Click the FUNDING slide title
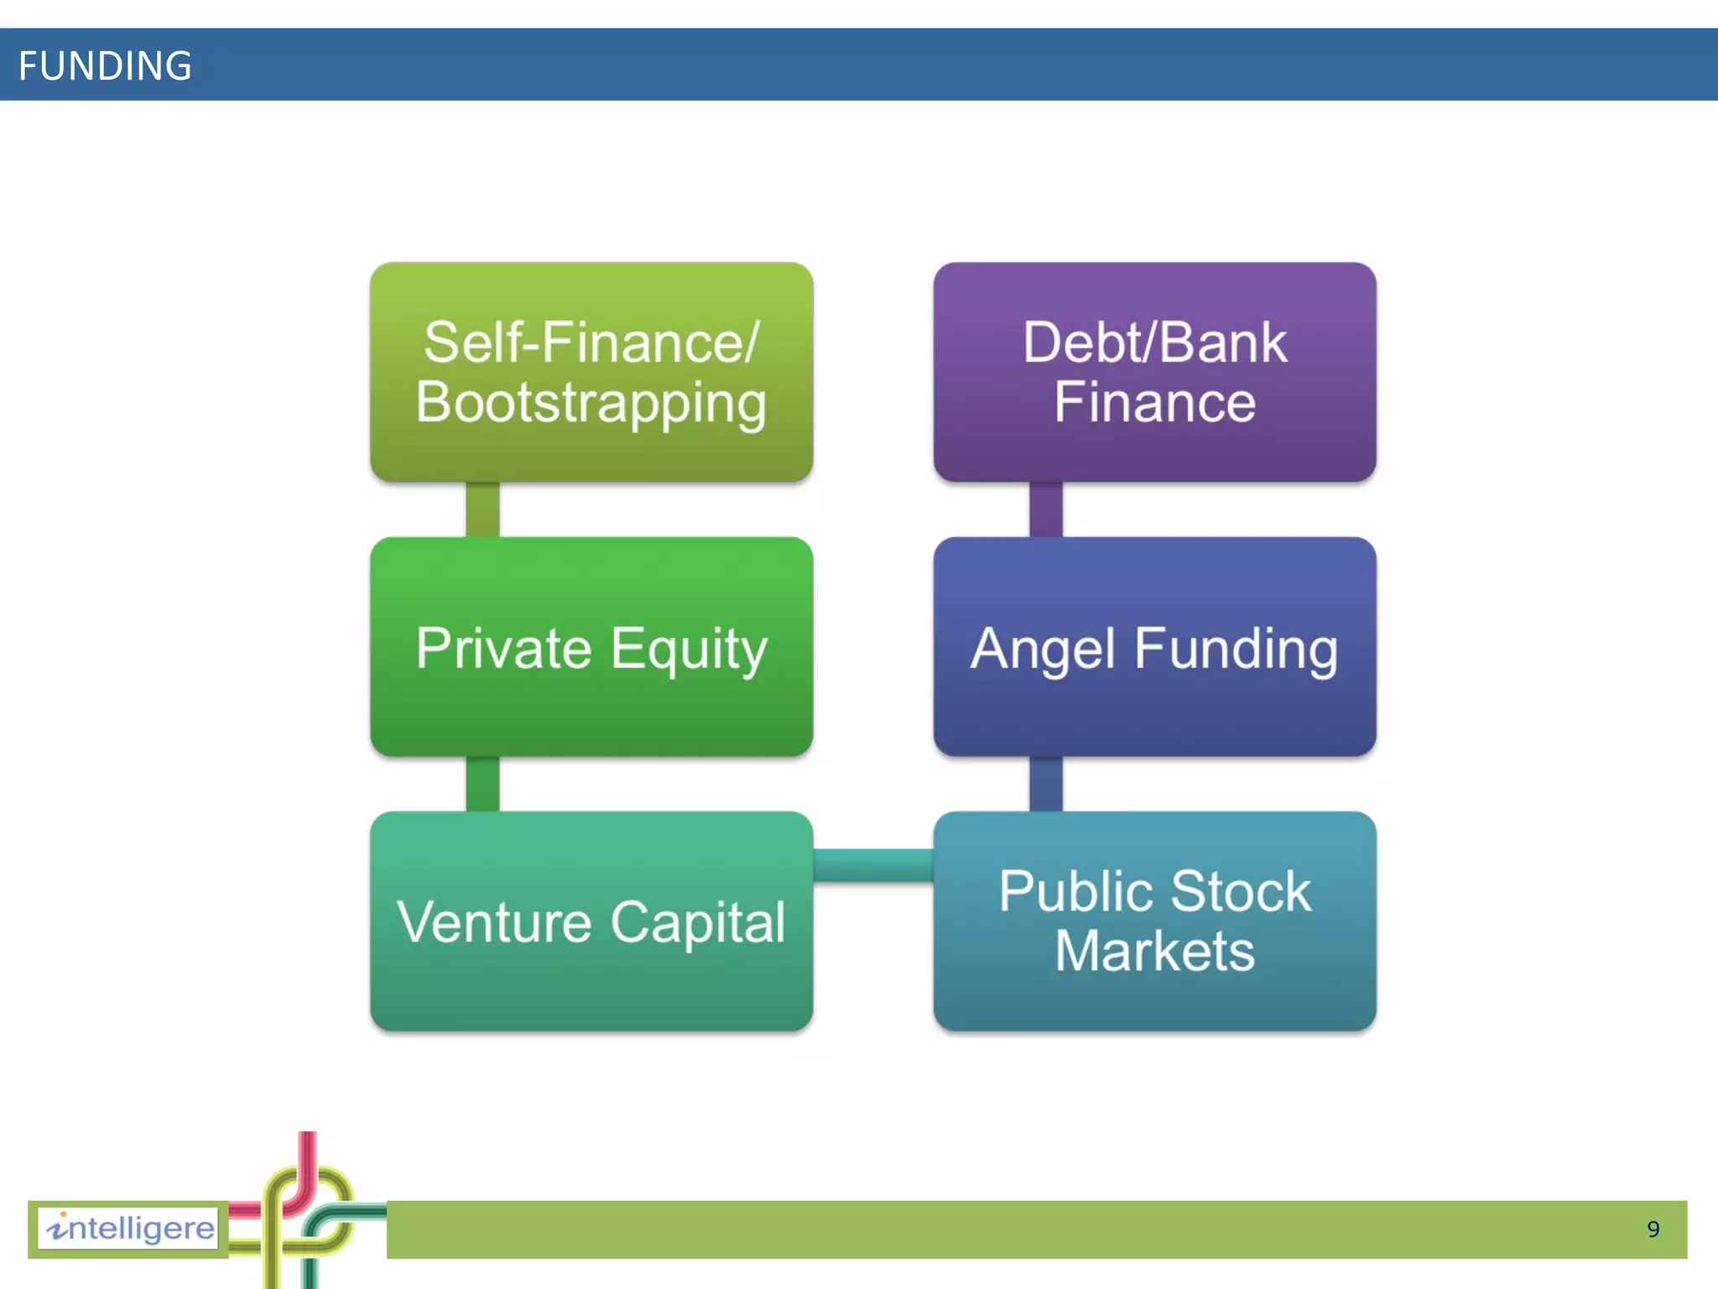pyautogui.click(x=105, y=65)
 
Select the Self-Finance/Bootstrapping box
pyautogui.click(x=591, y=372)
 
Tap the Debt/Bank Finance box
pyautogui.click(x=1154, y=372)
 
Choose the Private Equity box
pyautogui.click(x=591, y=647)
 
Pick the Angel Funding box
pyautogui.click(x=1154, y=647)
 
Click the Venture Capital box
pyautogui.click(x=591, y=921)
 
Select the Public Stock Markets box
pyautogui.click(x=1154, y=921)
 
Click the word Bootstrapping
pyautogui.click(x=591, y=404)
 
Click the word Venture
pyautogui.click(x=495, y=922)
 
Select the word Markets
pyautogui.click(x=1154, y=952)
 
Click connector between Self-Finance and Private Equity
pyautogui.click(x=482, y=509)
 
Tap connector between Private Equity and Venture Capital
pyautogui.click(x=482, y=784)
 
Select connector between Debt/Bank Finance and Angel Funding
pyautogui.click(x=1045, y=509)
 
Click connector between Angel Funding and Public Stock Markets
pyautogui.click(x=1045, y=784)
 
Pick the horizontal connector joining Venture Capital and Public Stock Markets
pyautogui.click(x=873, y=865)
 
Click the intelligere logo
pyautogui.click(x=130, y=1229)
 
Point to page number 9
pyautogui.click(x=1653, y=1229)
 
